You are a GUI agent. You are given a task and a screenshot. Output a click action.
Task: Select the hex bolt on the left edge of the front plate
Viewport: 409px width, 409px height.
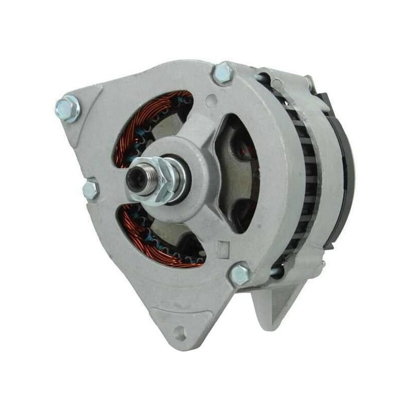pos(90,190)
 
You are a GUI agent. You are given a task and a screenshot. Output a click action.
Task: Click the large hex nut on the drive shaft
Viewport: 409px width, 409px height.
pos(165,181)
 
